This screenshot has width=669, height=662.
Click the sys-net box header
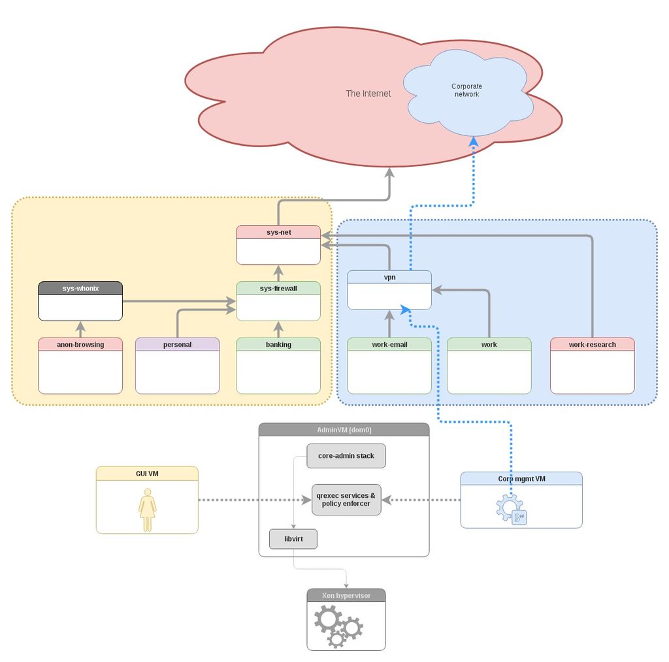(x=278, y=232)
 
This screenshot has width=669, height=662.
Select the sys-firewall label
(x=278, y=288)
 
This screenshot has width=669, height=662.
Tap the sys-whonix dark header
(x=80, y=288)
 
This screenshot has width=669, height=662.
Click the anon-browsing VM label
(x=80, y=345)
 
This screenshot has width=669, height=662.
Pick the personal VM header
(x=177, y=345)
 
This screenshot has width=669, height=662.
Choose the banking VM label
(x=278, y=345)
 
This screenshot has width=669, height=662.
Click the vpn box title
(x=389, y=277)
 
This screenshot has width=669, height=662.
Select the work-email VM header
(x=389, y=345)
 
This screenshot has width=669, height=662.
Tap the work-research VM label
(x=592, y=345)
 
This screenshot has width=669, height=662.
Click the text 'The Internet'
(x=368, y=94)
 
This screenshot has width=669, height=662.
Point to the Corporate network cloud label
(x=466, y=90)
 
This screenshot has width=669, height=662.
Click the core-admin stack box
(x=346, y=456)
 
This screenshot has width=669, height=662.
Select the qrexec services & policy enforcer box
(x=346, y=500)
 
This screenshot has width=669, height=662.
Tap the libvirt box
(x=293, y=539)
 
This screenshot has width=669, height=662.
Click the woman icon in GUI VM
(x=148, y=510)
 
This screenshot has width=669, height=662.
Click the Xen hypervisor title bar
(x=346, y=595)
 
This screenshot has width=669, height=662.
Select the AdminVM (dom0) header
(x=344, y=430)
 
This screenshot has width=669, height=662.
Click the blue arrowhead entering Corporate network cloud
(x=474, y=142)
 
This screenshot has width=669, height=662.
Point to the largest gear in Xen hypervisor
(x=327, y=619)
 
